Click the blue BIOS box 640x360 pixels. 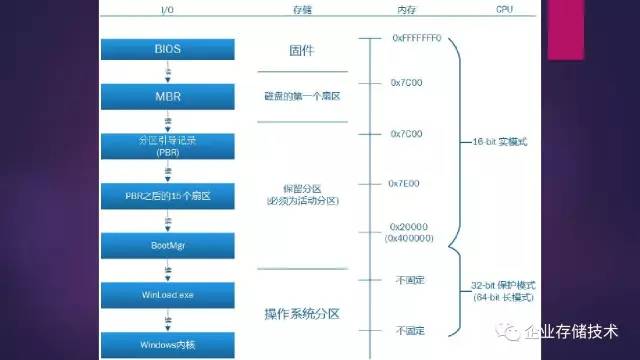pos(167,47)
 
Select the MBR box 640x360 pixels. pos(167,97)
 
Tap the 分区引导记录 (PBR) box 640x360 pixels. pos(167,146)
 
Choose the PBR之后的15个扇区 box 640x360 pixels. pos(167,196)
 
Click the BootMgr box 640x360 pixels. pos(167,246)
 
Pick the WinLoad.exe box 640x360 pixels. pos(167,296)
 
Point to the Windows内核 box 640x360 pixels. pos(167,345)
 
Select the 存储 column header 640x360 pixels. pos(301,9)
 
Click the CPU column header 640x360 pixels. pos(505,9)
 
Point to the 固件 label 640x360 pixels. pos(302,49)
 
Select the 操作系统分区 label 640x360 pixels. pos(302,314)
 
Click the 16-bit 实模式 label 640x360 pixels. pos(503,142)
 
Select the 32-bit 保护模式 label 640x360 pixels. pos(505,285)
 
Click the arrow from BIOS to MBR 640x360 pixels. pos(167,72)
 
